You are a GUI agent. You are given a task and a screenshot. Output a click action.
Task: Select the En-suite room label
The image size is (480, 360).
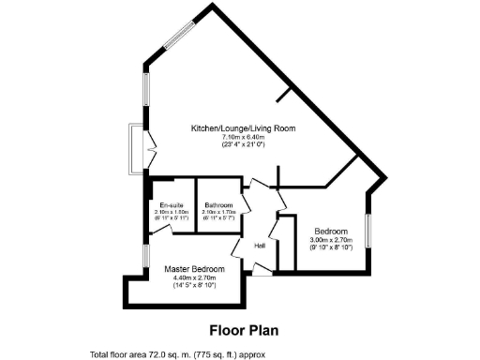click(172, 205)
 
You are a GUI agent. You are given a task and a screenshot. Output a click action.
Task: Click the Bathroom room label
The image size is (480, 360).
click(219, 205)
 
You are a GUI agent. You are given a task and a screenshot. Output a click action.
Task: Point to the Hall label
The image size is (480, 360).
click(260, 246)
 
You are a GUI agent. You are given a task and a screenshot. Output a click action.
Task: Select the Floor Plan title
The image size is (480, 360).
click(242, 330)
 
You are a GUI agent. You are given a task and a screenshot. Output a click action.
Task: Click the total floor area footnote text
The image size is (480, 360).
click(178, 354)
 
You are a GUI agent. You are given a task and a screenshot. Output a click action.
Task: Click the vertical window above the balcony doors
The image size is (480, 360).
click(145, 93)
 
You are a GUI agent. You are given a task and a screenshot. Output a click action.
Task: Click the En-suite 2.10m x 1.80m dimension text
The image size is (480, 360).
click(172, 212)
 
